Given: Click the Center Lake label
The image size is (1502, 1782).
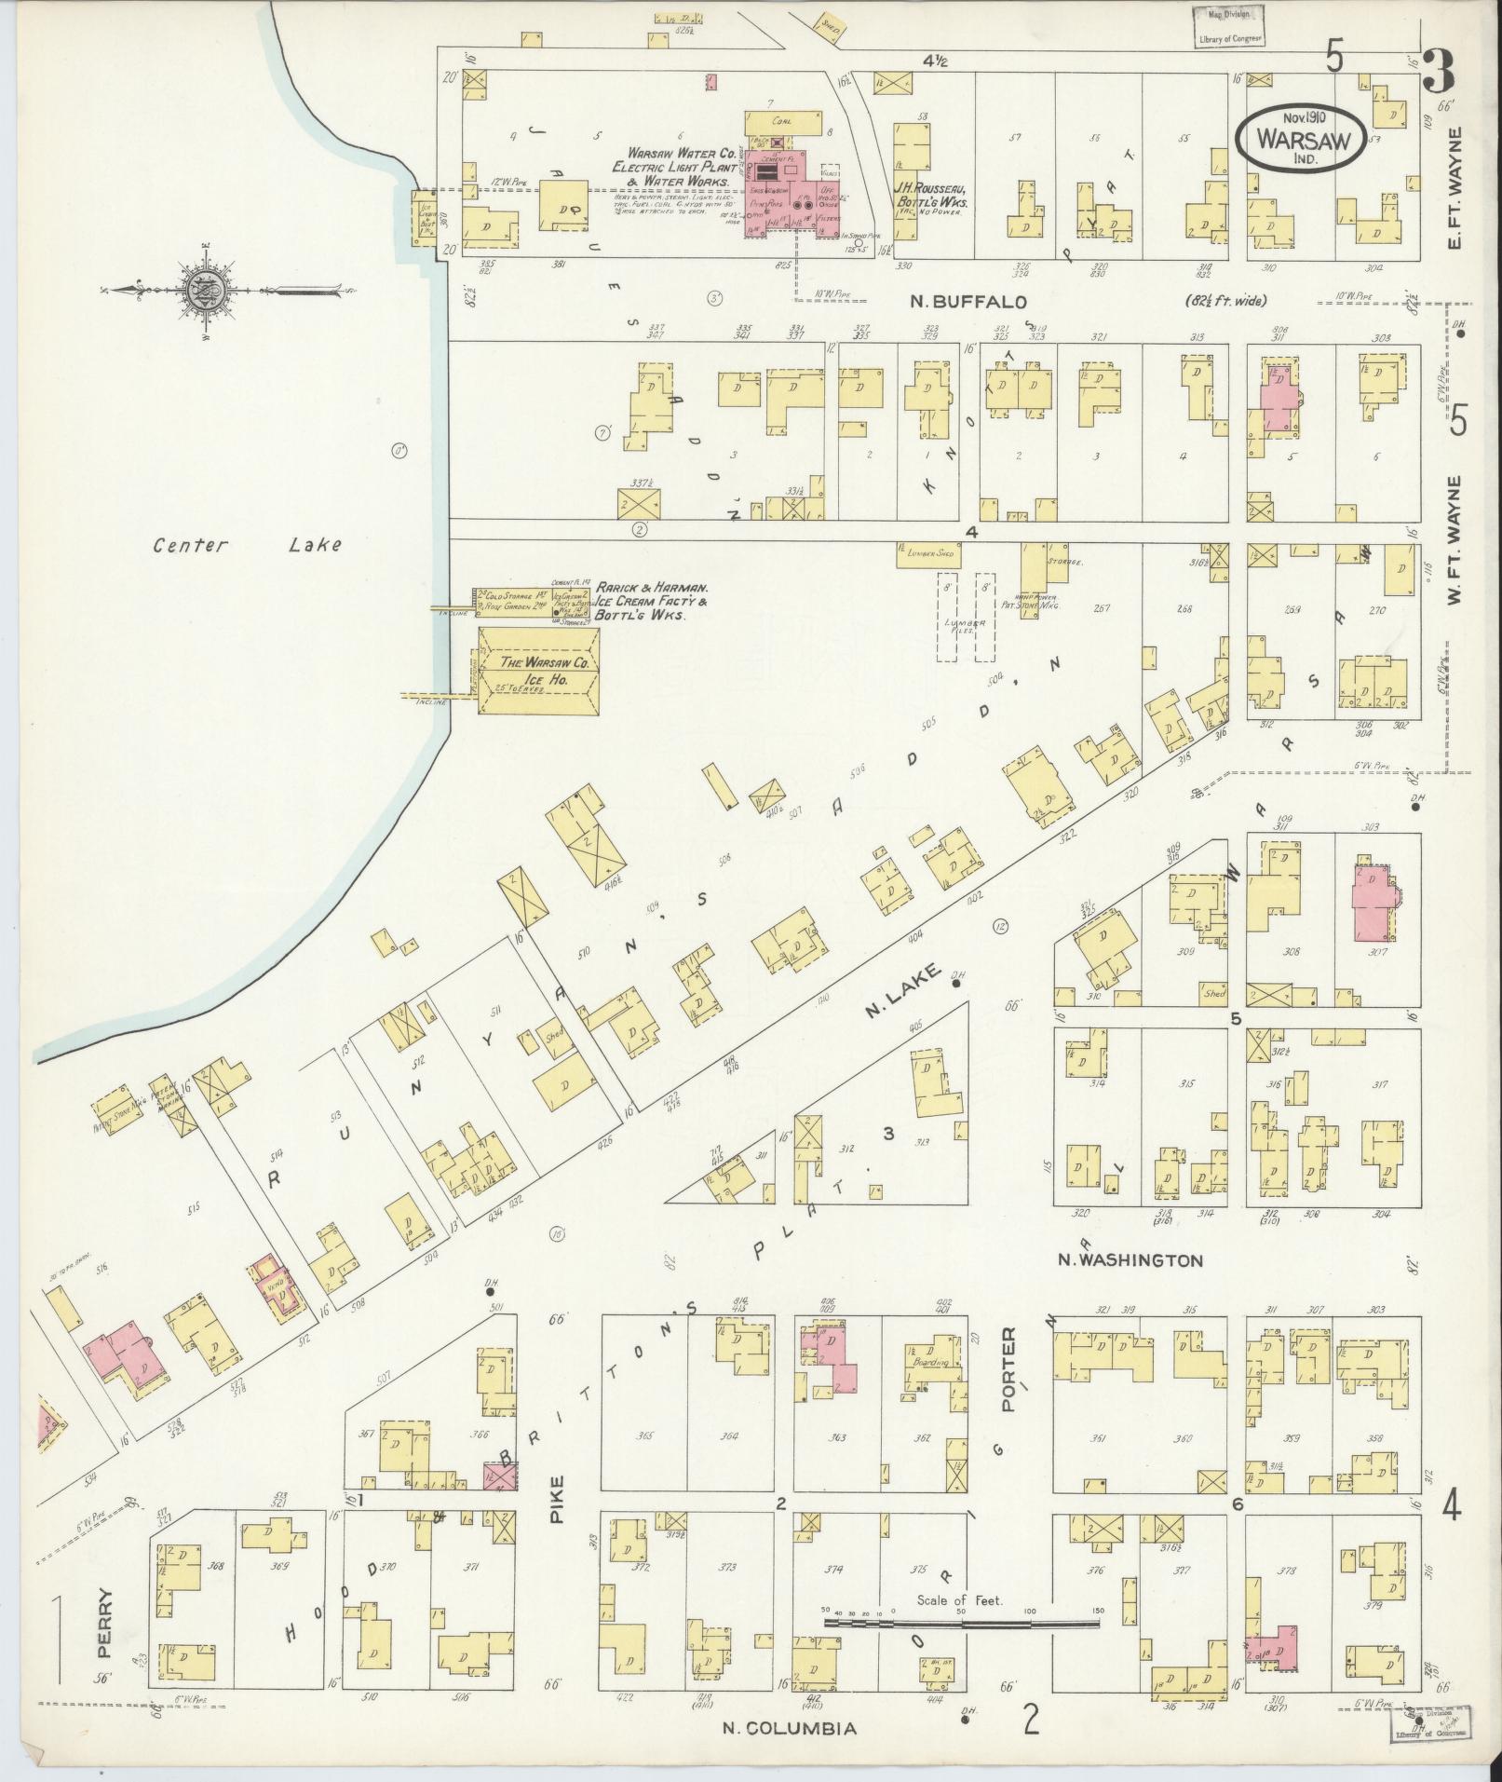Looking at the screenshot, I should click(247, 545).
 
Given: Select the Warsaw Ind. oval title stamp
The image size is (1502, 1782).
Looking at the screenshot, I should click(1301, 136).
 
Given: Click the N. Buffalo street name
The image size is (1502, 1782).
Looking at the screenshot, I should click(968, 302).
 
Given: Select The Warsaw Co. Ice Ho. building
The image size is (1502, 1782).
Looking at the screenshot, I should click(538, 671).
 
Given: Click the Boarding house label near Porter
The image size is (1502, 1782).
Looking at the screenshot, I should click(931, 1362).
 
